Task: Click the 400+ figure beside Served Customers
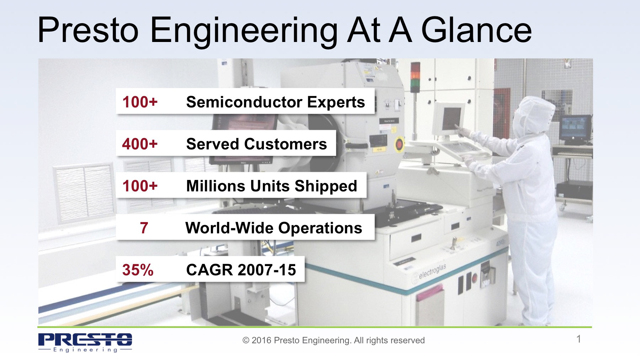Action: click(140, 144)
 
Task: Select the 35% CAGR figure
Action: click(138, 270)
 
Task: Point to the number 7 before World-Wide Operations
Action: click(144, 228)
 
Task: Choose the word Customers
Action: click(286, 144)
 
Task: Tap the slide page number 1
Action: click(578, 339)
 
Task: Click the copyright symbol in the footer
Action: click(246, 341)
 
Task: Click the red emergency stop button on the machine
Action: click(399, 144)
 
